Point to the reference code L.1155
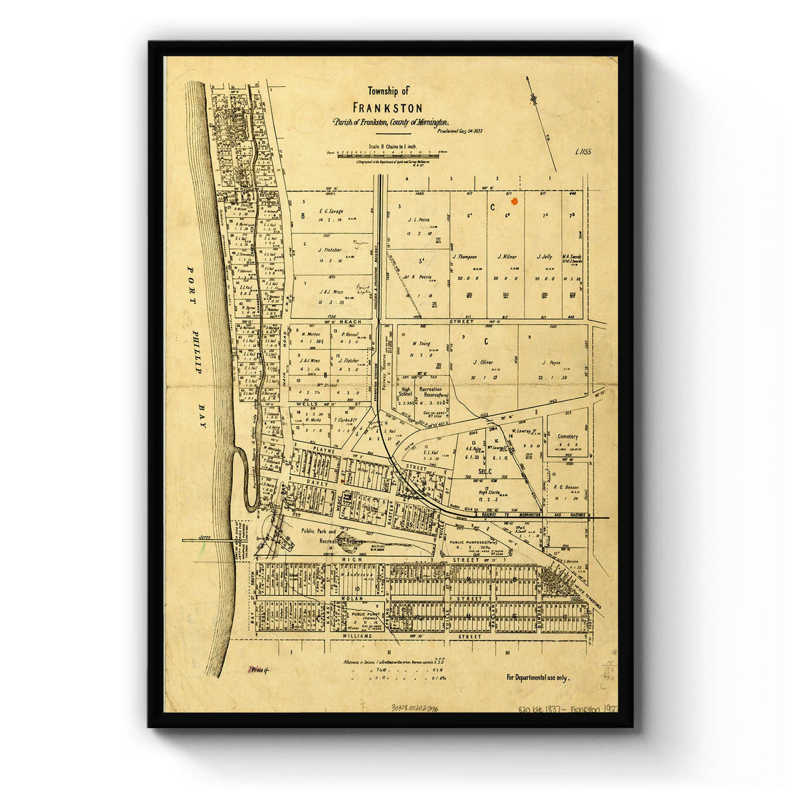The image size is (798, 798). [x=585, y=152]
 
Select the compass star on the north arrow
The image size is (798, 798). [x=533, y=98]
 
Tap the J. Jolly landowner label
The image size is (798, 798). [x=543, y=256]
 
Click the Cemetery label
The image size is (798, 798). [x=567, y=437]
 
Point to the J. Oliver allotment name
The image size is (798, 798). [x=483, y=362]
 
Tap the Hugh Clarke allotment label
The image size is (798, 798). [x=491, y=493]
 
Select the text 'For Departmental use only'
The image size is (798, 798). [x=538, y=677]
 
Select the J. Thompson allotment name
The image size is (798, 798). [x=466, y=256]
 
